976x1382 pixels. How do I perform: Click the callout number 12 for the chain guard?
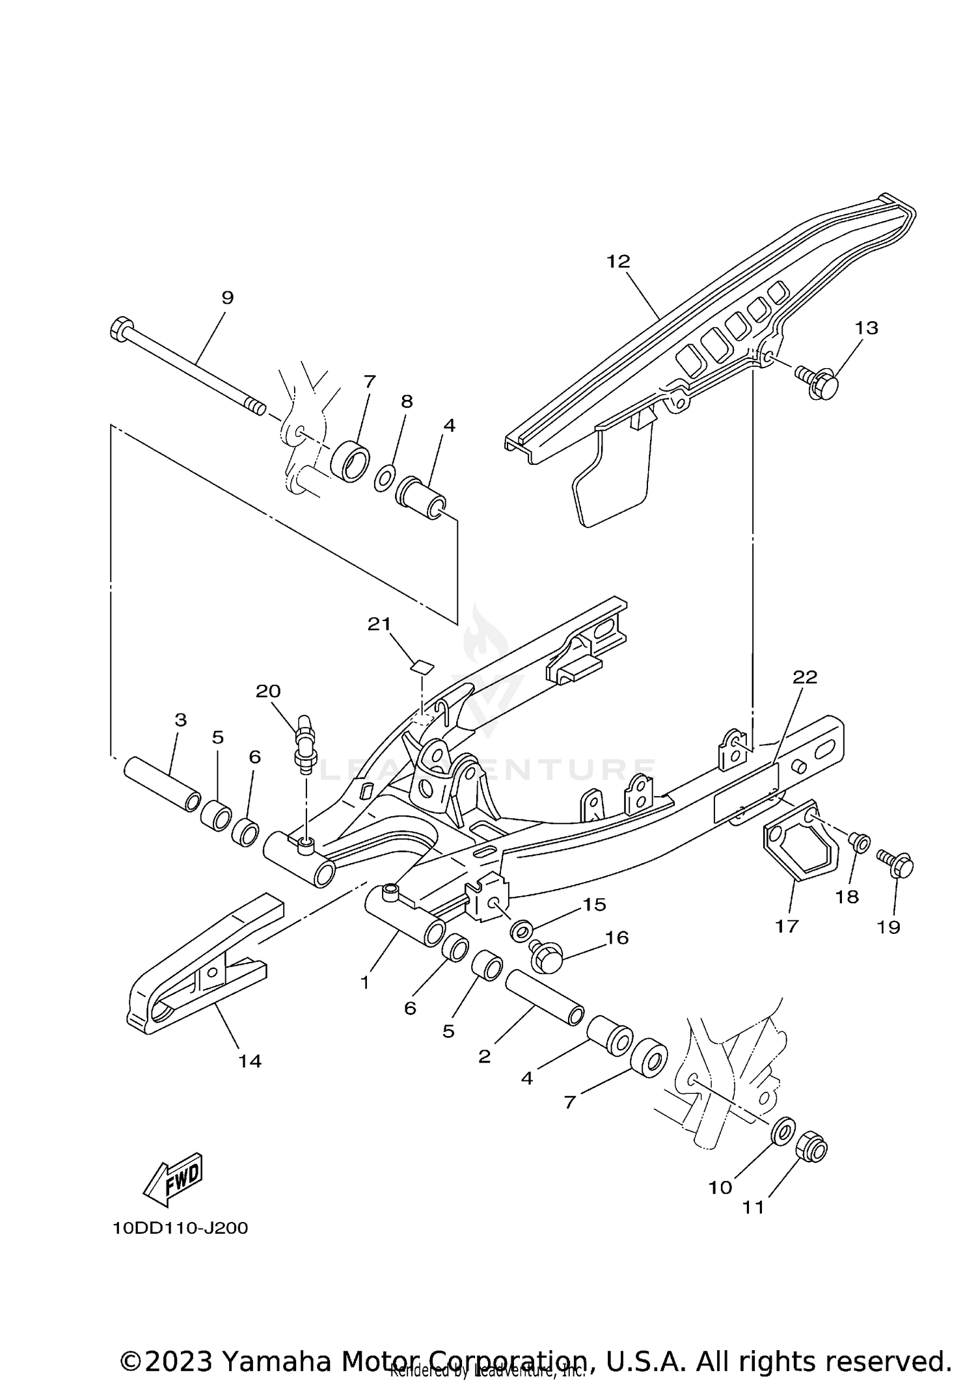click(x=618, y=261)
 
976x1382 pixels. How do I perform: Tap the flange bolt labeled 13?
click(x=820, y=380)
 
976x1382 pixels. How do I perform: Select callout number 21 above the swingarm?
click(x=379, y=624)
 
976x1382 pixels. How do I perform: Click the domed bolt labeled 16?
click(x=545, y=958)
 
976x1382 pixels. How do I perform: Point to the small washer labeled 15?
click(x=521, y=931)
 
